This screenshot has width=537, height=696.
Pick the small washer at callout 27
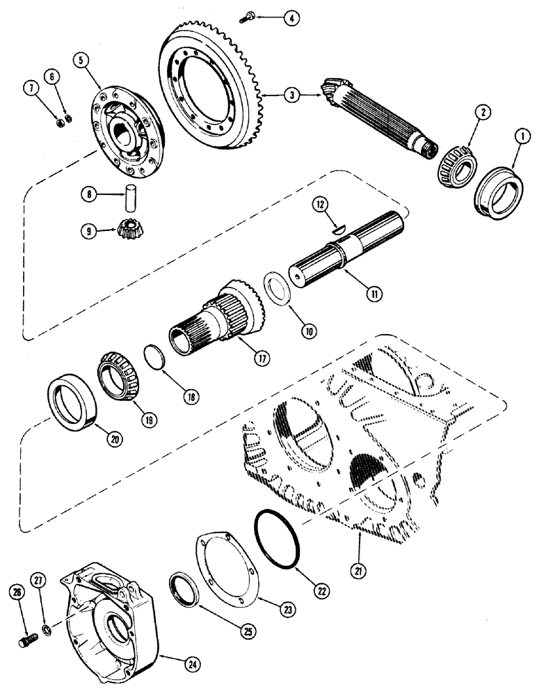tap(46, 630)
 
